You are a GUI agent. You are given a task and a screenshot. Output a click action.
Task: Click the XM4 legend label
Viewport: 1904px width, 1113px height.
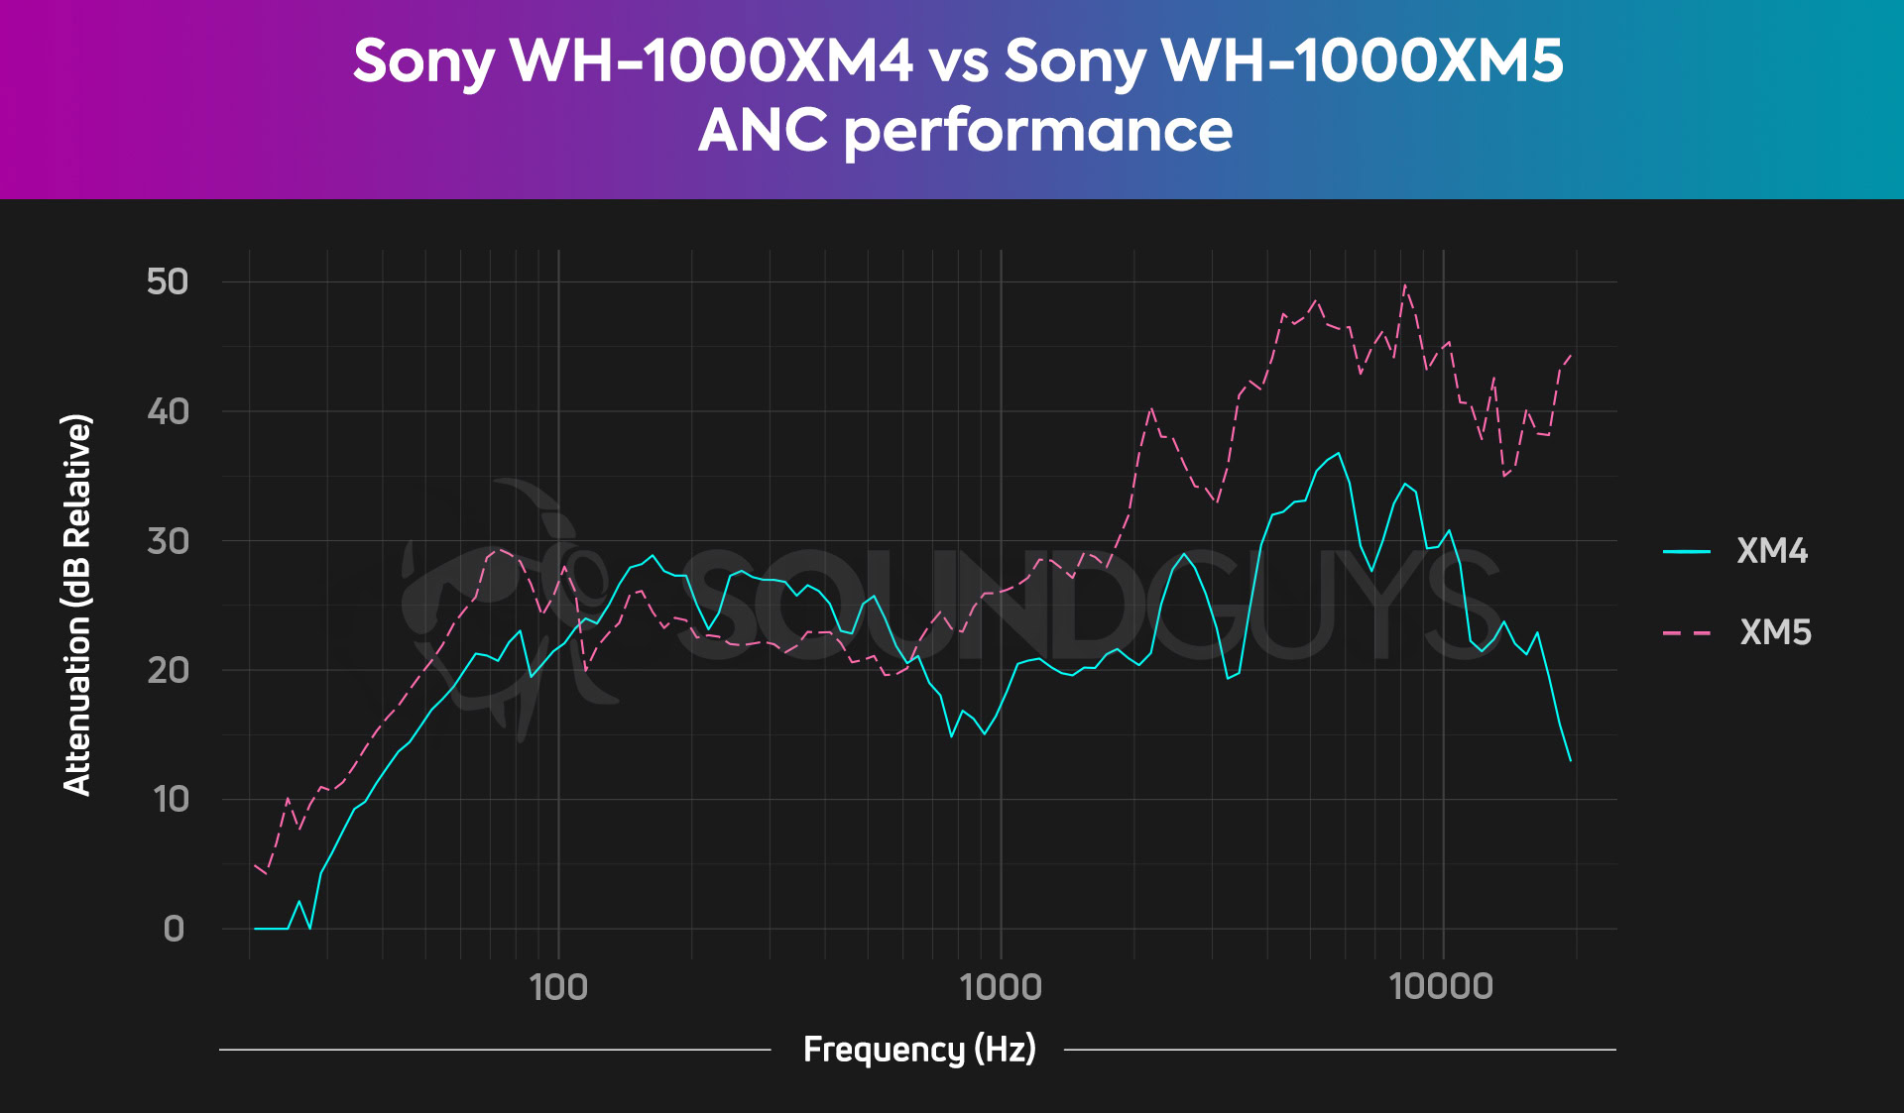pyautogui.click(x=1772, y=551)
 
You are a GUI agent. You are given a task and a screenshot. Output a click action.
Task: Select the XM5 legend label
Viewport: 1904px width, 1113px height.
pyautogui.click(x=1775, y=632)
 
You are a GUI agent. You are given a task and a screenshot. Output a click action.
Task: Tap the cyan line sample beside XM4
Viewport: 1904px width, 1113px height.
pyautogui.click(x=1686, y=551)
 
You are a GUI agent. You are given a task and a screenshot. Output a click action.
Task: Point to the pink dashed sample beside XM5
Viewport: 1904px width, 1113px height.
pyautogui.click(x=1686, y=632)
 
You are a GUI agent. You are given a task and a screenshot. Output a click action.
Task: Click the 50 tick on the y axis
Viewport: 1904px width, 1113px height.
pyautogui.click(x=168, y=282)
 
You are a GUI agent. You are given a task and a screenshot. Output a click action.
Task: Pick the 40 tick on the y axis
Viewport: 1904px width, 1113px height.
pyautogui.click(x=168, y=411)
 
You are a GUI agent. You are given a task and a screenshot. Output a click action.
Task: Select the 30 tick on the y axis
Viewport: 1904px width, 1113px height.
pyautogui.click(x=168, y=541)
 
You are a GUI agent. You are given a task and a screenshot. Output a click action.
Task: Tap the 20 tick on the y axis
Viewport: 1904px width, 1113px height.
pyautogui.click(x=168, y=671)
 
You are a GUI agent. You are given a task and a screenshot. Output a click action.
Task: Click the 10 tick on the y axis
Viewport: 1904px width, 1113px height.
pyautogui.click(x=171, y=800)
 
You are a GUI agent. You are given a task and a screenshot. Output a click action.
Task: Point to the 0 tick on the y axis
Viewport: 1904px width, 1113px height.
pyautogui.click(x=174, y=930)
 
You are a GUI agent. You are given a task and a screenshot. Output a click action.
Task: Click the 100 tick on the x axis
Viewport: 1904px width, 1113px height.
pyautogui.click(x=558, y=987)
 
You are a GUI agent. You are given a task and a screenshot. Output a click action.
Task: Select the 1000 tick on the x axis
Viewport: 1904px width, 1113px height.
pyautogui.click(x=1001, y=987)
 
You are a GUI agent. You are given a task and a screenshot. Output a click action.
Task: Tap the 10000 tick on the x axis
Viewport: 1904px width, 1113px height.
pyautogui.click(x=1442, y=987)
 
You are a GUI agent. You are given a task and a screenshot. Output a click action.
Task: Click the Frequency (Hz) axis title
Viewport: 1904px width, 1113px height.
pyautogui.click(x=919, y=1049)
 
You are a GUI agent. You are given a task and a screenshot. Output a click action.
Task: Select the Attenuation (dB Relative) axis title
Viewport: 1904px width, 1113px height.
pyautogui.click(x=77, y=605)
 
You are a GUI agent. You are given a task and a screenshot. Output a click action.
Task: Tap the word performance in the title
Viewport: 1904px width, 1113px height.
pyautogui.click(x=1038, y=131)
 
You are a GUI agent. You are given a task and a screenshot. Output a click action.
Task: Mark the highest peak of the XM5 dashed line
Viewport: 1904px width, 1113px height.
pyautogui.click(x=1404, y=284)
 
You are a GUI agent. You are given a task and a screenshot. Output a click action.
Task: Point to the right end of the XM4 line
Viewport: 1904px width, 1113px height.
pyautogui.click(x=1570, y=760)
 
